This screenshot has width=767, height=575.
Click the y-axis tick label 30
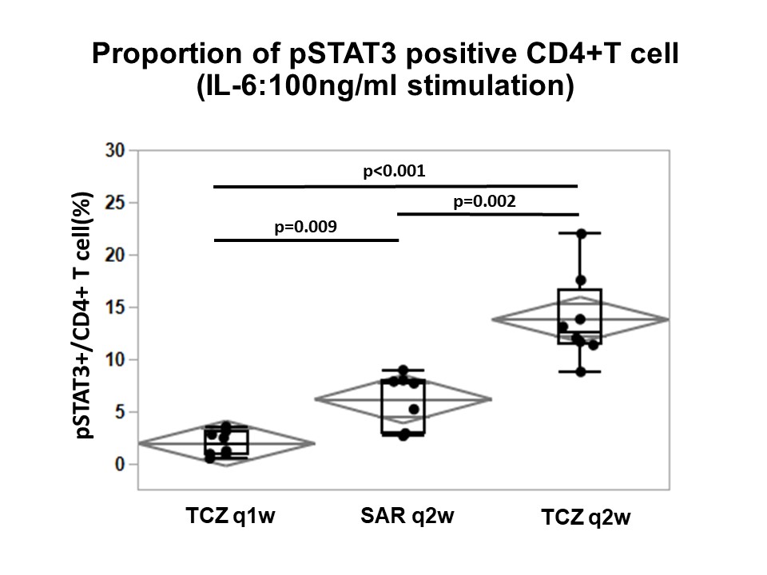[x=117, y=150]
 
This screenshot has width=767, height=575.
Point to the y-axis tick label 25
[x=117, y=203]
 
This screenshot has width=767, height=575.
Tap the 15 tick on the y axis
[x=117, y=307]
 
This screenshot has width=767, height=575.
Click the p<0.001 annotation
[x=394, y=171]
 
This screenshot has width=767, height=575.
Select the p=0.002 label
[x=484, y=201]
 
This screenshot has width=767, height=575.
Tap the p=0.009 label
[x=305, y=227]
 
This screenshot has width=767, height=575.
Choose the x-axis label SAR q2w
[x=403, y=516]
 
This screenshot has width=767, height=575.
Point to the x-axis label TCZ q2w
[x=586, y=518]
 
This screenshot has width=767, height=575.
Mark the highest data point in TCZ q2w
[x=581, y=233]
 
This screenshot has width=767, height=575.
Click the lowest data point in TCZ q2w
[x=581, y=372]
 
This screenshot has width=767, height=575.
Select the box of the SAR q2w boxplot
[x=403, y=407]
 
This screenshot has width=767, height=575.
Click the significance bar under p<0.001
[x=394, y=186]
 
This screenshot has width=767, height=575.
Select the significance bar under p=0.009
[x=305, y=240]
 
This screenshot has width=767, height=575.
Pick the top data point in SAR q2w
[x=403, y=371]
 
